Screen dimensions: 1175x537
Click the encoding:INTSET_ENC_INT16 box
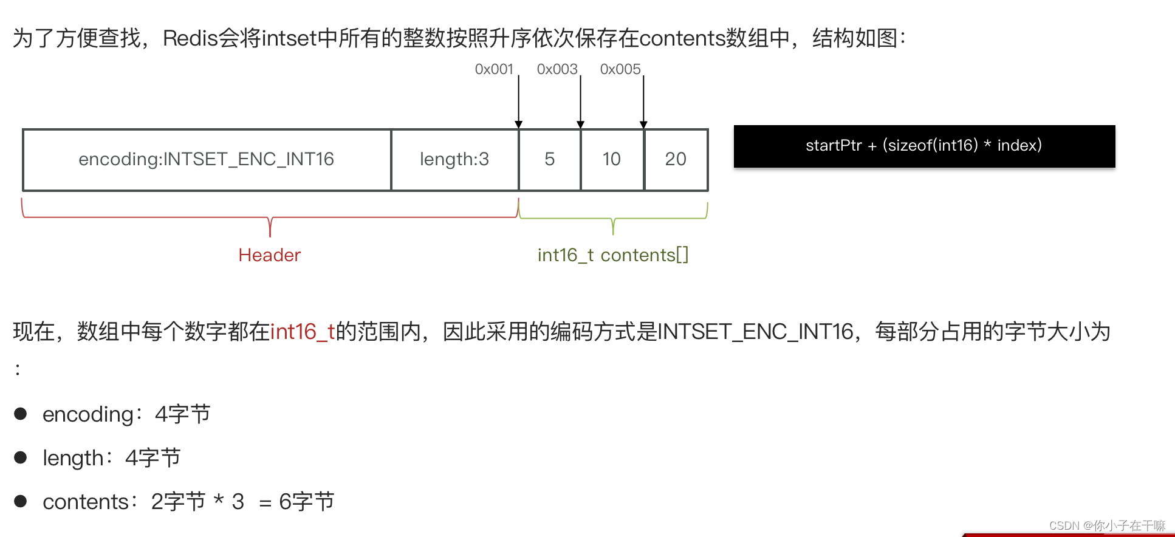(207, 159)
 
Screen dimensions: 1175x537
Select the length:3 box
(454, 159)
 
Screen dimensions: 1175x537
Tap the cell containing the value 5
(550, 159)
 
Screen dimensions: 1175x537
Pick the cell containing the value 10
(612, 159)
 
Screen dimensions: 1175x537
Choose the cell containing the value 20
(676, 159)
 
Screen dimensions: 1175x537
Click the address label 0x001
(494, 69)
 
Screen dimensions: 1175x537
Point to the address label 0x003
(557, 69)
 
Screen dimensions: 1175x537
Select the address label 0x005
(620, 69)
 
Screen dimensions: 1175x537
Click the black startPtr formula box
(924, 146)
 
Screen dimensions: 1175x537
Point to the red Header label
(270, 255)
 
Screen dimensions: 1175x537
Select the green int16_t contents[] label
(613, 255)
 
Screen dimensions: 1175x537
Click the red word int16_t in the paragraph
(303, 332)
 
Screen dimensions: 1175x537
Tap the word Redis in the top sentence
(190, 38)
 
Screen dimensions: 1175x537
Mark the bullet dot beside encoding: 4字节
(21, 414)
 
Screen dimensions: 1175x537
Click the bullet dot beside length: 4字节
(21, 457)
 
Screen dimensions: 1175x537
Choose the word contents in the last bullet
(86, 502)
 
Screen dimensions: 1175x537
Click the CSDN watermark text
(1107, 525)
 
